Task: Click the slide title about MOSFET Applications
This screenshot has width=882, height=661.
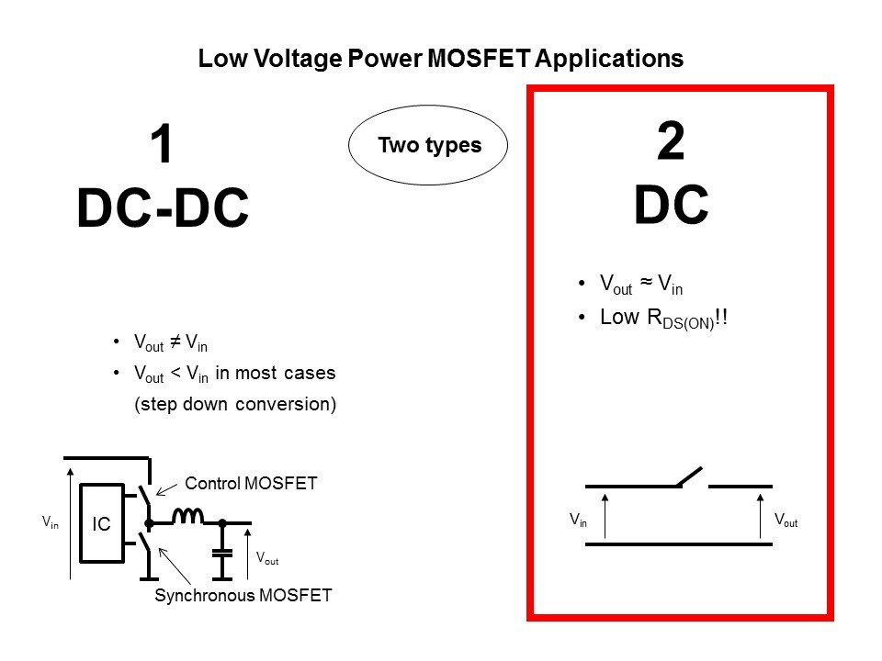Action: [x=441, y=60]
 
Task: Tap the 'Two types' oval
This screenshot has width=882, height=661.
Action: [x=429, y=145]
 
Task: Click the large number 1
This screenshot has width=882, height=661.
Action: [x=162, y=145]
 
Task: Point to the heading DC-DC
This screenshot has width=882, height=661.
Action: [x=163, y=209]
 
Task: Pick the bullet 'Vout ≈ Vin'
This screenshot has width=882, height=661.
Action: [x=640, y=286]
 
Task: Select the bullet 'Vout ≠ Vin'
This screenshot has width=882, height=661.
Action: [x=170, y=344]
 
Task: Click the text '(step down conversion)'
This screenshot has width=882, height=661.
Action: [x=234, y=404]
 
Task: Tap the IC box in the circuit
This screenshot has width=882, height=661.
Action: [x=101, y=524]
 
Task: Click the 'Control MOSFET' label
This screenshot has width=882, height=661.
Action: [x=251, y=483]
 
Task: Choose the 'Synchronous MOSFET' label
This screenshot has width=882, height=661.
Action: [x=243, y=596]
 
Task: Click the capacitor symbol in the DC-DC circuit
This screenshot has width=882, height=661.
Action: [x=221, y=553]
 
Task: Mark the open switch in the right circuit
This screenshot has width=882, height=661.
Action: [x=689, y=476]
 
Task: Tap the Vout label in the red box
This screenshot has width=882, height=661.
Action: [x=786, y=521]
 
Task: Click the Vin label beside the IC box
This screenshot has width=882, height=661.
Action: [x=50, y=521]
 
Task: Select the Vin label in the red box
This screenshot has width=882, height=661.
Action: [x=578, y=521]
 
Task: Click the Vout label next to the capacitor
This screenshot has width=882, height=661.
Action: [x=266, y=557]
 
